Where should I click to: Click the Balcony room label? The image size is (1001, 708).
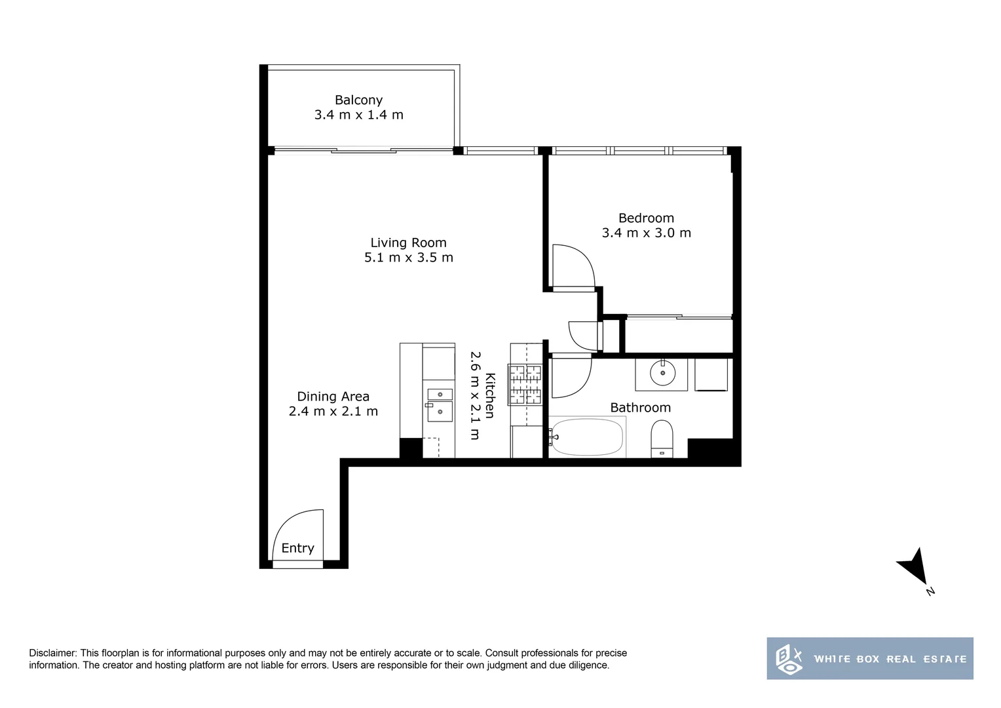(x=358, y=100)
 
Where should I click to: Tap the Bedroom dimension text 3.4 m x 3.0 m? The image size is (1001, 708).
(x=646, y=233)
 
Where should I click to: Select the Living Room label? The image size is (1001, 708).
(x=408, y=243)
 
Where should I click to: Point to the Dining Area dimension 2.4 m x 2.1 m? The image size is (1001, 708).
(x=333, y=412)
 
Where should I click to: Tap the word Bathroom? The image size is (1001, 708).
(x=640, y=408)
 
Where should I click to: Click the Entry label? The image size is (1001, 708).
(x=297, y=548)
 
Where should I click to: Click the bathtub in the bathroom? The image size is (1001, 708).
(x=587, y=437)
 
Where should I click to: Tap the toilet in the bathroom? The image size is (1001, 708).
(x=662, y=438)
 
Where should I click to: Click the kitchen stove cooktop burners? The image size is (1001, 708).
(x=525, y=384)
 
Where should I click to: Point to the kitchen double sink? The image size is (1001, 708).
(x=440, y=404)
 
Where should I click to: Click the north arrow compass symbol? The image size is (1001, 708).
(x=914, y=568)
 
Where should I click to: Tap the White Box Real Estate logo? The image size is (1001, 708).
(x=869, y=658)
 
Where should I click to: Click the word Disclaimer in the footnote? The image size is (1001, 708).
(x=53, y=653)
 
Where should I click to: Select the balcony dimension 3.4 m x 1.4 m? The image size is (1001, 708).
(x=358, y=115)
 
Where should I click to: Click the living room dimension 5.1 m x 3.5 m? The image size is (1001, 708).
(x=408, y=258)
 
